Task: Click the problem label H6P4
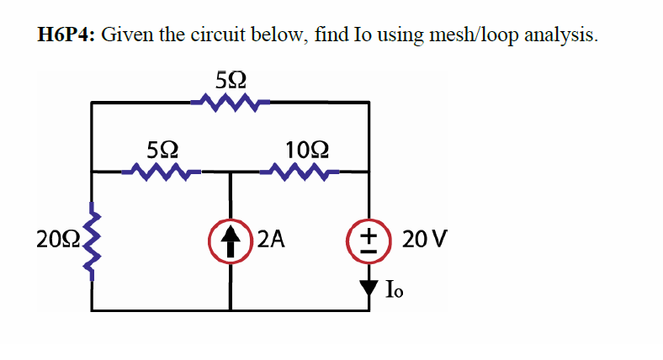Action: (x=66, y=34)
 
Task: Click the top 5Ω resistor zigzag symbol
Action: (x=229, y=103)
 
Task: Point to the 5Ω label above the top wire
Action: (x=231, y=81)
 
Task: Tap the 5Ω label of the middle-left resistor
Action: (x=162, y=151)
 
